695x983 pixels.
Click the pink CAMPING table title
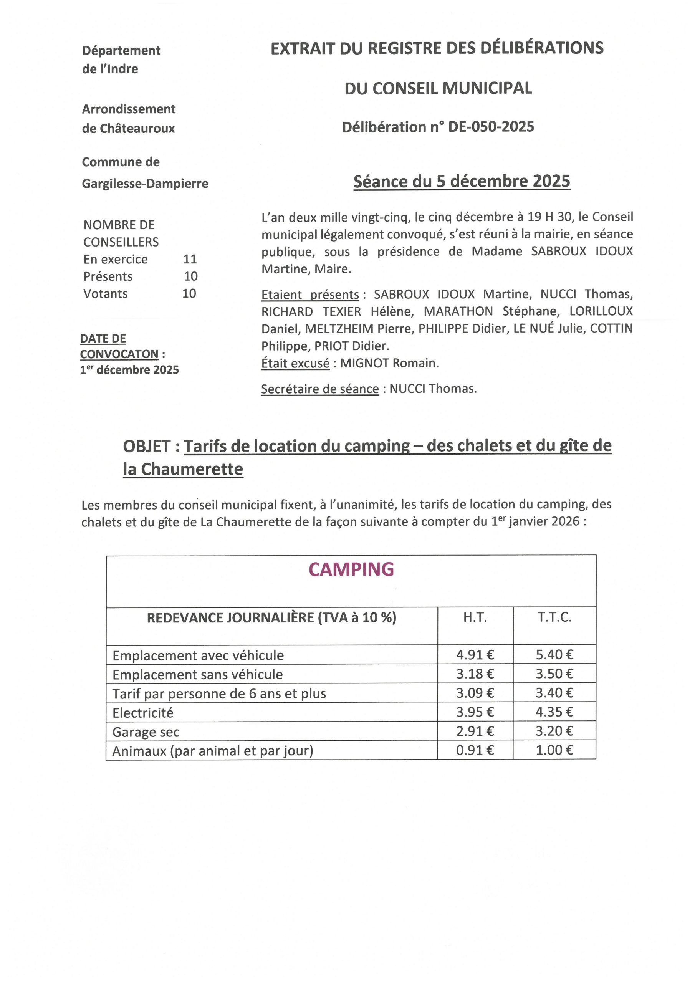(351, 569)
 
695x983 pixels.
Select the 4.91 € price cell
(475, 655)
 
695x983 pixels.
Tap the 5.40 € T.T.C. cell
(554, 655)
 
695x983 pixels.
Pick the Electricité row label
(143, 713)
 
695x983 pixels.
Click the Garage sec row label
(146, 732)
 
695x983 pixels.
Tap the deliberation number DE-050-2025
(491, 127)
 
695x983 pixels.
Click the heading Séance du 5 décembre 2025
(462, 182)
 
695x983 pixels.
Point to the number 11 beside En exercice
(190, 259)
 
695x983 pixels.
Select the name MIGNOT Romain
(389, 363)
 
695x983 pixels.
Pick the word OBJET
(147, 446)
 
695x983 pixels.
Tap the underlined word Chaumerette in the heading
(192, 469)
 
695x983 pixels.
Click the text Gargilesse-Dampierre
(145, 184)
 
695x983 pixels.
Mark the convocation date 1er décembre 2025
(129, 369)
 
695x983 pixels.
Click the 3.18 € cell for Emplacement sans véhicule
(475, 674)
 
